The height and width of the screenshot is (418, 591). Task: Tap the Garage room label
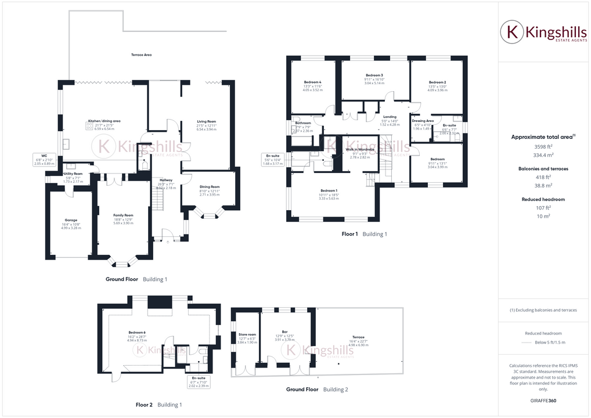point(71,220)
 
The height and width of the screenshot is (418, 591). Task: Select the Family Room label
point(123,215)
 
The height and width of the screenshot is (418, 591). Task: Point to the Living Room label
point(207,121)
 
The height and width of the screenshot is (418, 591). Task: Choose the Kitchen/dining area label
point(104,120)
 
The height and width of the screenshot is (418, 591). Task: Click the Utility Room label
point(73,174)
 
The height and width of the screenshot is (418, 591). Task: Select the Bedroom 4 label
point(312,82)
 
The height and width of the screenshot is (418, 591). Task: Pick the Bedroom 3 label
point(374,75)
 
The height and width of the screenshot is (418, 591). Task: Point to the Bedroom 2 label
point(437,82)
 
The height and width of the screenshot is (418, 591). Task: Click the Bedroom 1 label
point(329,190)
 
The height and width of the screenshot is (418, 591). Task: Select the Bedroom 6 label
point(137,332)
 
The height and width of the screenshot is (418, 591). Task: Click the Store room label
point(247,334)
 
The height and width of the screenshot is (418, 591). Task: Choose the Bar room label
point(285,332)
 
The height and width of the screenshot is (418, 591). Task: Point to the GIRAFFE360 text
point(544,401)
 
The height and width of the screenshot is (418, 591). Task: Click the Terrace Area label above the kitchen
point(141,55)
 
